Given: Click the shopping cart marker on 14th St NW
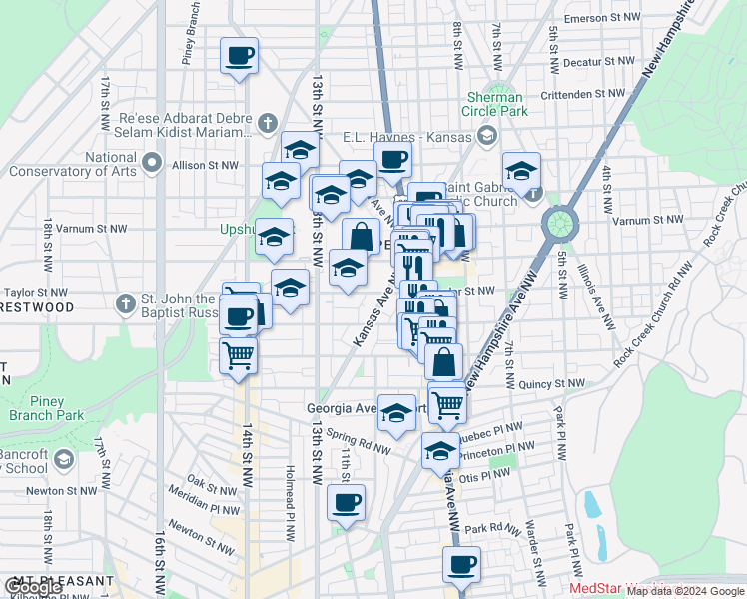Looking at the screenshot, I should [238, 356].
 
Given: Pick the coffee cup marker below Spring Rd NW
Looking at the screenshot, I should [346, 503].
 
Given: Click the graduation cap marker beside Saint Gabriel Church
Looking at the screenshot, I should [521, 171].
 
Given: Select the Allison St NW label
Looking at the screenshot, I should [206, 165].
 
